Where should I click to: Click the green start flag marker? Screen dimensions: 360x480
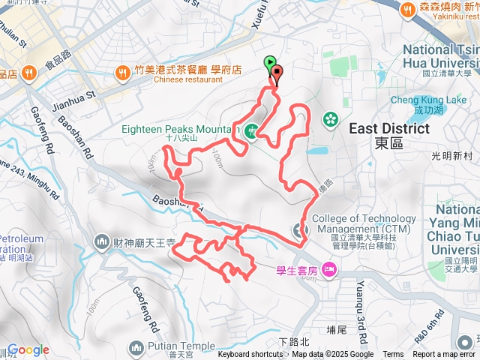(x=270, y=64)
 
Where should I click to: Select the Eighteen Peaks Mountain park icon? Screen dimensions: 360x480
(x=253, y=130)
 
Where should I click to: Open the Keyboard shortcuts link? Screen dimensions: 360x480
(x=250, y=355)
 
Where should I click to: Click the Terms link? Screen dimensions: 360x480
(x=393, y=355)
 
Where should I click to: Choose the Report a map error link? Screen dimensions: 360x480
(x=445, y=355)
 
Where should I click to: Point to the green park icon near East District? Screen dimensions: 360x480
(x=330, y=119)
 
